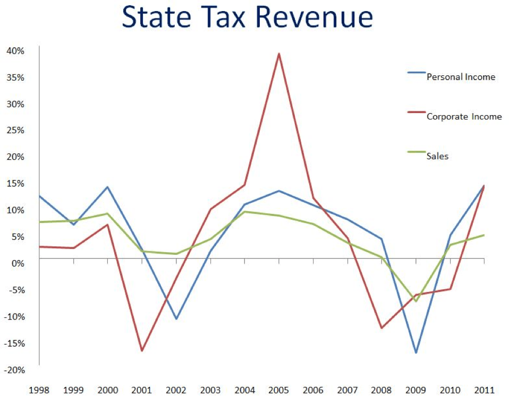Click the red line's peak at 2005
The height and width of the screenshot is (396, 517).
pos(279,54)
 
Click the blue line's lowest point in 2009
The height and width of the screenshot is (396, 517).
pos(416,352)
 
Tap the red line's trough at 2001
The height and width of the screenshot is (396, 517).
pos(142,351)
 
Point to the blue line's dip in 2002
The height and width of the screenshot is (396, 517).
pos(176,319)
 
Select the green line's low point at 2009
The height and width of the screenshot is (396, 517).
pos(416,301)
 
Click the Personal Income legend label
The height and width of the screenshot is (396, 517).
pos(461,77)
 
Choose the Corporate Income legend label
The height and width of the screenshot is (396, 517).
pos(464,117)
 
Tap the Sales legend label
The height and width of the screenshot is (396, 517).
pos(438,156)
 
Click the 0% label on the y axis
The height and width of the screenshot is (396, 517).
pos(19,263)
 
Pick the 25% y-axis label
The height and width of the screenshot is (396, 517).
pos(16,131)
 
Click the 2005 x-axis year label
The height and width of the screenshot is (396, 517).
pos(279,390)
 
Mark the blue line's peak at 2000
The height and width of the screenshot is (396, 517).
pos(108,187)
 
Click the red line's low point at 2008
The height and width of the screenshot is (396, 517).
pos(382,328)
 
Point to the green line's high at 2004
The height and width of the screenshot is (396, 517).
pos(245,212)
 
